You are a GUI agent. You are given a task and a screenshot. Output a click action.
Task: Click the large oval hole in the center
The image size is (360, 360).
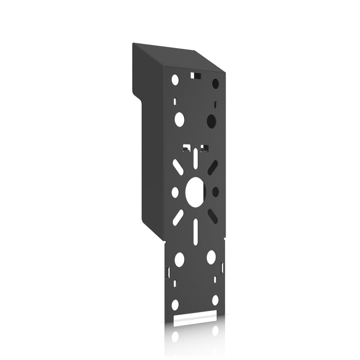195,192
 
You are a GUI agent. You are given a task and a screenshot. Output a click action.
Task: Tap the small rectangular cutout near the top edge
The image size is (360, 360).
196,75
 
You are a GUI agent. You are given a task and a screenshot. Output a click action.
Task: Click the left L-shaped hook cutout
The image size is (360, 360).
186,147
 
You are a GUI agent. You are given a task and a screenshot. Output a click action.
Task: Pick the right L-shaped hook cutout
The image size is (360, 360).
204,147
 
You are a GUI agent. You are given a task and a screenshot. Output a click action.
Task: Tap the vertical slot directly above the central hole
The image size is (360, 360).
195,159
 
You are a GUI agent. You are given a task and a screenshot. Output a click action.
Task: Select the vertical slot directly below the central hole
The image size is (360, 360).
195,232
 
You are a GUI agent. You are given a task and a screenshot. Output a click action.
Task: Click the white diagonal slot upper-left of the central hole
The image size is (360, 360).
178,168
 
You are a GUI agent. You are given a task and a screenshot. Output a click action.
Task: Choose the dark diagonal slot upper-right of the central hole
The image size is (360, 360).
213,167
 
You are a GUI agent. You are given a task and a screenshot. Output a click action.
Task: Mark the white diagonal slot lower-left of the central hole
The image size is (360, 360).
178,217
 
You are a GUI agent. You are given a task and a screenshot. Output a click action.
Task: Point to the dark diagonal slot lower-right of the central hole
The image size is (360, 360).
213,216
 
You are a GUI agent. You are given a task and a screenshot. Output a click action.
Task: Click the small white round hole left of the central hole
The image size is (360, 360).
175,192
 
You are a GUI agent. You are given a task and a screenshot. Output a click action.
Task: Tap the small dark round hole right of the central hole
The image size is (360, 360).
216,192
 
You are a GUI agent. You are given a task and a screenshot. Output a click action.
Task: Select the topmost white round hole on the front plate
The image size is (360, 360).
175,80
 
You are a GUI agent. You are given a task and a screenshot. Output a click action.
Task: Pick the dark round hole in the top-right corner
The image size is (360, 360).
215,83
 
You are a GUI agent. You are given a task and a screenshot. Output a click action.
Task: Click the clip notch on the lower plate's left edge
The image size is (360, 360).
168,272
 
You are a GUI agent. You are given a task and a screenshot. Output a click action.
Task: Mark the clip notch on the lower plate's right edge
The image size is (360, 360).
223,269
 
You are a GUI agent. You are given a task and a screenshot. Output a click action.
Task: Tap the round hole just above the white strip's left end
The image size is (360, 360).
175,305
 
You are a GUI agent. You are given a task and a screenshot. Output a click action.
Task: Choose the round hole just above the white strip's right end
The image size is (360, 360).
215,300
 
